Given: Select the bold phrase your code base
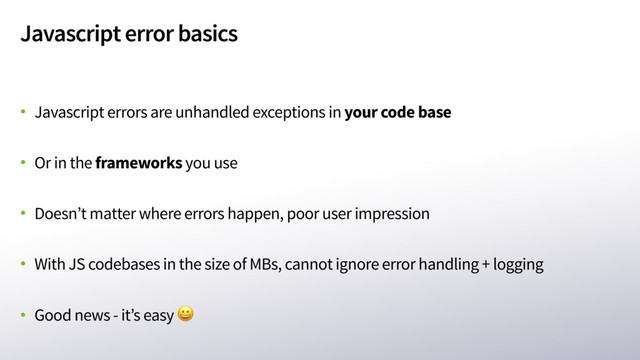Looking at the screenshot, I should pos(397,111).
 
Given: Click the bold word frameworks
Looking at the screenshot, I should pos(138,162).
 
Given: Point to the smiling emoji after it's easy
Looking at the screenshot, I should pos(185,316).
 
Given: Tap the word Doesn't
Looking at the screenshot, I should pos(58,214).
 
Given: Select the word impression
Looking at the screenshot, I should pos(390,214).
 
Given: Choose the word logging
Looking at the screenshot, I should pos(518,265).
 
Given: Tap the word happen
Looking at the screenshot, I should pos(256,214).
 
